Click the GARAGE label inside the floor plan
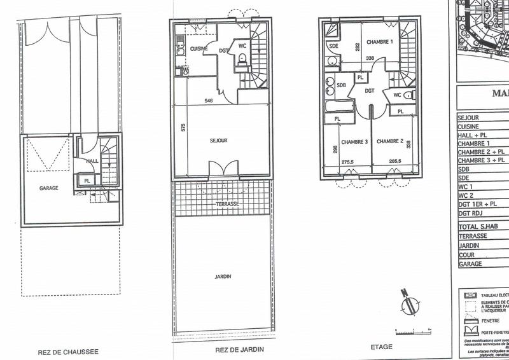[x=50, y=188]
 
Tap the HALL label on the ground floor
[x=93, y=161]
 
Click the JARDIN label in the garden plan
[x=222, y=276]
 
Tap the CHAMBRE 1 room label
[x=378, y=42]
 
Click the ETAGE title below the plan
[x=382, y=347]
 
